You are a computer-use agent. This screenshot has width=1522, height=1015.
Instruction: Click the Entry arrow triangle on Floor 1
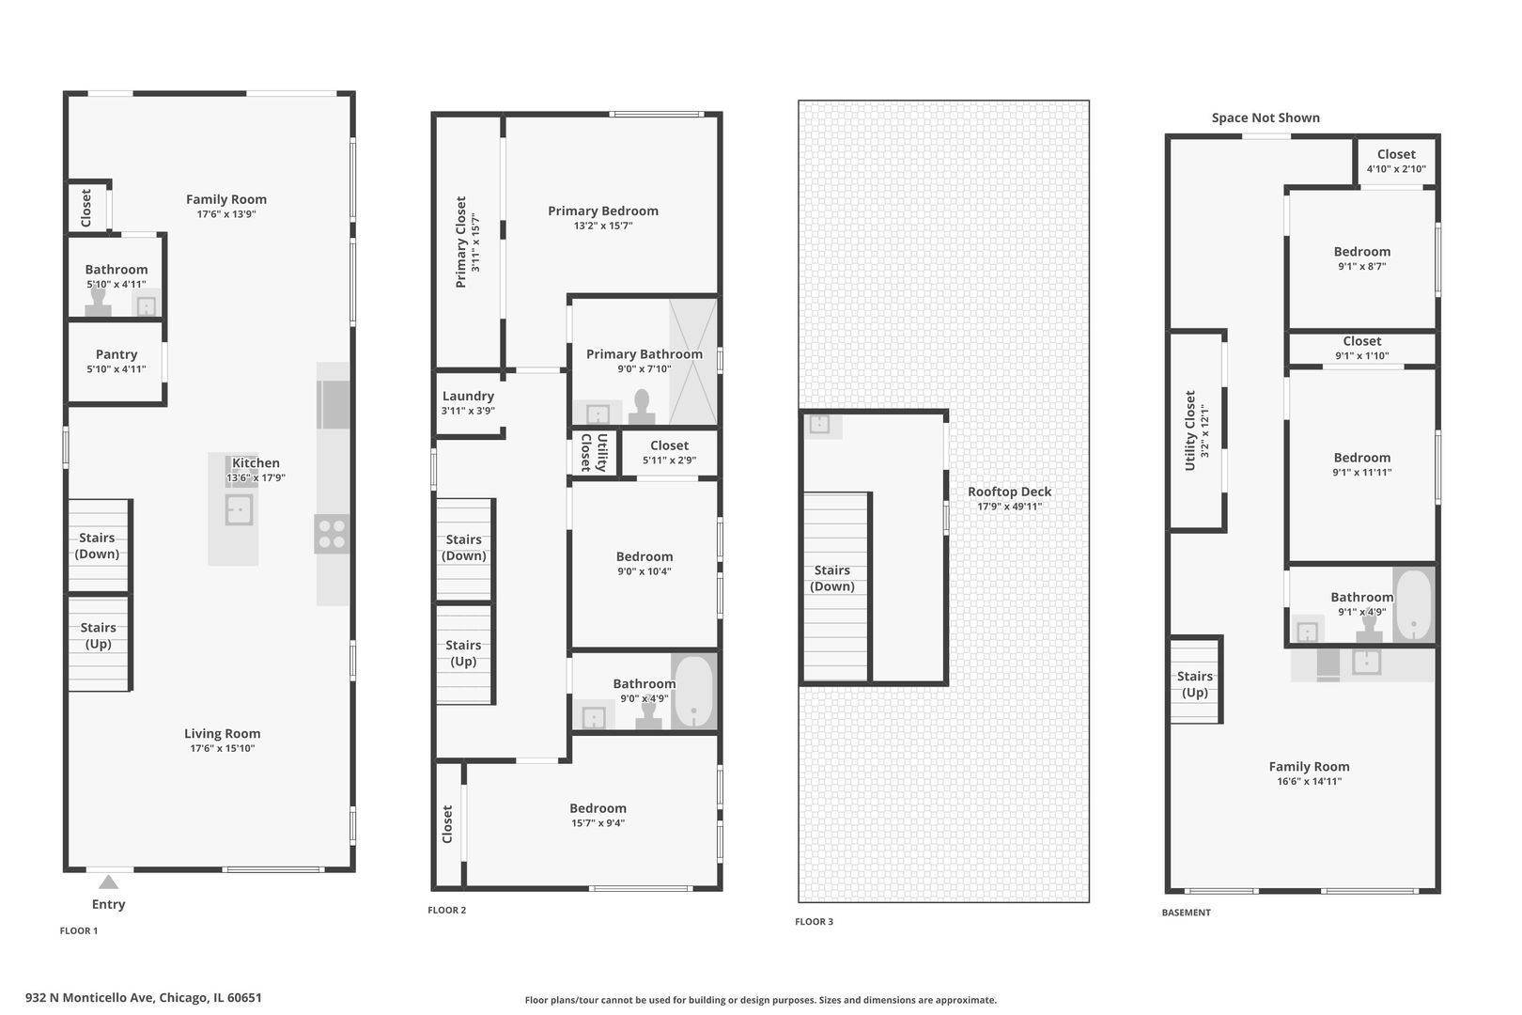pos(109,882)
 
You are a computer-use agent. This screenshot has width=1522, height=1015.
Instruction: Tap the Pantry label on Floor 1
pos(116,354)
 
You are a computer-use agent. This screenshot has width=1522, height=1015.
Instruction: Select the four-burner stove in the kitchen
pos(332,534)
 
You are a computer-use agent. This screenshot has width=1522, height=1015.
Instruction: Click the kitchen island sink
pos(240,510)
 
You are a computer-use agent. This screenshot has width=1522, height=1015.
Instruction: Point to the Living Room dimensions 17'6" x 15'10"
pos(222,748)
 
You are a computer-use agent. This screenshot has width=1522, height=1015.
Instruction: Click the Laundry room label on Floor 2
pos(468,396)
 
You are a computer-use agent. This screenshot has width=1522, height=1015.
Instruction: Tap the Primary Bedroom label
pos(603,211)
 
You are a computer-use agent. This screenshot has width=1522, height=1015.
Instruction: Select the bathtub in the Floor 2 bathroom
pos(693,692)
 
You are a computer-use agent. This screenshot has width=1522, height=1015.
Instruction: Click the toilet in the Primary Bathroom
pos(642,407)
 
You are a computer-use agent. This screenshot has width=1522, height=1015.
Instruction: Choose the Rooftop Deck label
pos(1010,492)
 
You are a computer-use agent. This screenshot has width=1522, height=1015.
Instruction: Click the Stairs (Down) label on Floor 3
pos(832,578)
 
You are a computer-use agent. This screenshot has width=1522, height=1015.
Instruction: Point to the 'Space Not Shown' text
pos(1266,117)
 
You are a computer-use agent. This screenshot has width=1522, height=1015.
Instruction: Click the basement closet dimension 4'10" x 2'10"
pos(1396,169)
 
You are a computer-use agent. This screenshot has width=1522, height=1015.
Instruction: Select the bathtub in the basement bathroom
pos(1413,604)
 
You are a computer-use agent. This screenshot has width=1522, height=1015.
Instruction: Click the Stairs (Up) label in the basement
pos(1194,684)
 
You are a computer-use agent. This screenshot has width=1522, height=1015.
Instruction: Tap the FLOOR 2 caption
pos(447,911)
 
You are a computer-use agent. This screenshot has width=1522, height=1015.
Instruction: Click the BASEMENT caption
pos(1187,913)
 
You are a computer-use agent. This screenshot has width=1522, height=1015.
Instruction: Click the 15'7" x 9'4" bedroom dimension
pos(598,823)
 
